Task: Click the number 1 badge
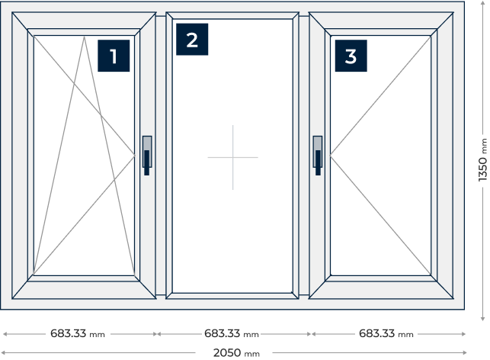point(114,56)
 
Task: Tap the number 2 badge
point(192,40)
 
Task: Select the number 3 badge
point(351,56)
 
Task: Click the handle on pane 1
point(147,156)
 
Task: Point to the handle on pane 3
point(318,156)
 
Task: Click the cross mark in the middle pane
point(233,157)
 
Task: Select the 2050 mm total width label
point(236,353)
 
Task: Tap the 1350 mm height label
point(483,159)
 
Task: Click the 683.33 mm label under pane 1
point(78,333)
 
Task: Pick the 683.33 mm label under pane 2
point(232,333)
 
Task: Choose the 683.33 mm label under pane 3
point(386,333)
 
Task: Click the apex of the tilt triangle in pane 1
point(84,37)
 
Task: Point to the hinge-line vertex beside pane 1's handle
point(135,155)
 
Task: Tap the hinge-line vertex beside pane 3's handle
point(330,155)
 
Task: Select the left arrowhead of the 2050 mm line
point(3,353)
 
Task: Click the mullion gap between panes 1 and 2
point(161,156)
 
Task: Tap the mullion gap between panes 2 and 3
point(304,156)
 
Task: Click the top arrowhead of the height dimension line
point(482,3)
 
